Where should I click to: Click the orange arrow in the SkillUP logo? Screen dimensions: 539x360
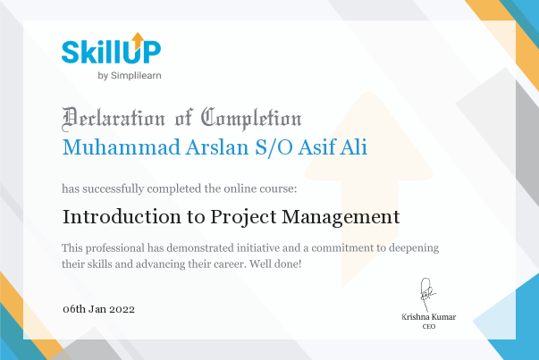pos(138,40)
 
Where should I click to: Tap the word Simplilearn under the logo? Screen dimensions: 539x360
pos(136,76)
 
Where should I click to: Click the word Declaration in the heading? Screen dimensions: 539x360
pos(114,119)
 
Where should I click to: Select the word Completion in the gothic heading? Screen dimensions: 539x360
pos(251,119)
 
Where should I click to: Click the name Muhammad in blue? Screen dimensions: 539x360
pos(121,147)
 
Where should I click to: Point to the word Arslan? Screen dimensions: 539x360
pos(217,147)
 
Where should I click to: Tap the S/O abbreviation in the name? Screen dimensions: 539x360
pos(274,147)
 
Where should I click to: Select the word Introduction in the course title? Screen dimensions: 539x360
pos(122,217)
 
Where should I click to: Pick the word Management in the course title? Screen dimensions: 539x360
pos(341,217)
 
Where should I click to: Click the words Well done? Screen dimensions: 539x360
pos(275,264)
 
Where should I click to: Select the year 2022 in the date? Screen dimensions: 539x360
pos(122,309)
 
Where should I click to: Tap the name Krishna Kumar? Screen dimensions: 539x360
pos(429,317)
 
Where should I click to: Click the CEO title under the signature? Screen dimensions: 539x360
pos(429,326)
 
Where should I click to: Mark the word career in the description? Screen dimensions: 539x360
pos(230,264)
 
